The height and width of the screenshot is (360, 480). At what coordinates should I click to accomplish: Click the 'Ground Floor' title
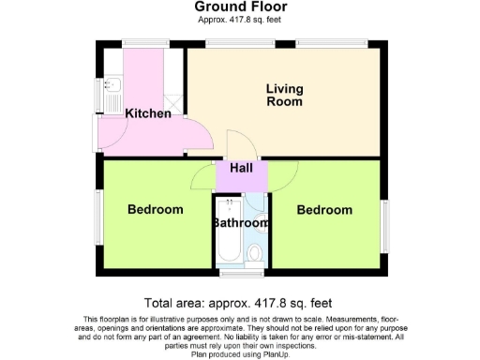(239, 7)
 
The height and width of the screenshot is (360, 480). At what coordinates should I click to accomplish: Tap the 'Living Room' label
(284, 95)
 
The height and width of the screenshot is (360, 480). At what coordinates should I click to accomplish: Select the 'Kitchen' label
(148, 113)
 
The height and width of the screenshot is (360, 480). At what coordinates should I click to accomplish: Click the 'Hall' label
(242, 169)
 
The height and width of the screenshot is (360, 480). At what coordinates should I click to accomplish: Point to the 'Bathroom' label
(241, 223)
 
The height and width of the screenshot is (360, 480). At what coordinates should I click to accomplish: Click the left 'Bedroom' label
(155, 209)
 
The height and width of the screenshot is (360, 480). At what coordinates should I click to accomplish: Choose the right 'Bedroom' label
(324, 210)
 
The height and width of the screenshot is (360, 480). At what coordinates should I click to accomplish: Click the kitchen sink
(112, 90)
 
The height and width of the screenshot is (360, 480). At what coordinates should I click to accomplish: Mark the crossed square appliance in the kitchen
(172, 102)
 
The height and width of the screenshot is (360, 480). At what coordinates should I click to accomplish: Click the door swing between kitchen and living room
(198, 137)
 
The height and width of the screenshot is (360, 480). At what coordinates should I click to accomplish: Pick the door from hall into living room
(239, 147)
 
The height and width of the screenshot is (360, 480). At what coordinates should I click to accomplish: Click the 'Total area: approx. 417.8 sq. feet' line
(239, 303)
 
